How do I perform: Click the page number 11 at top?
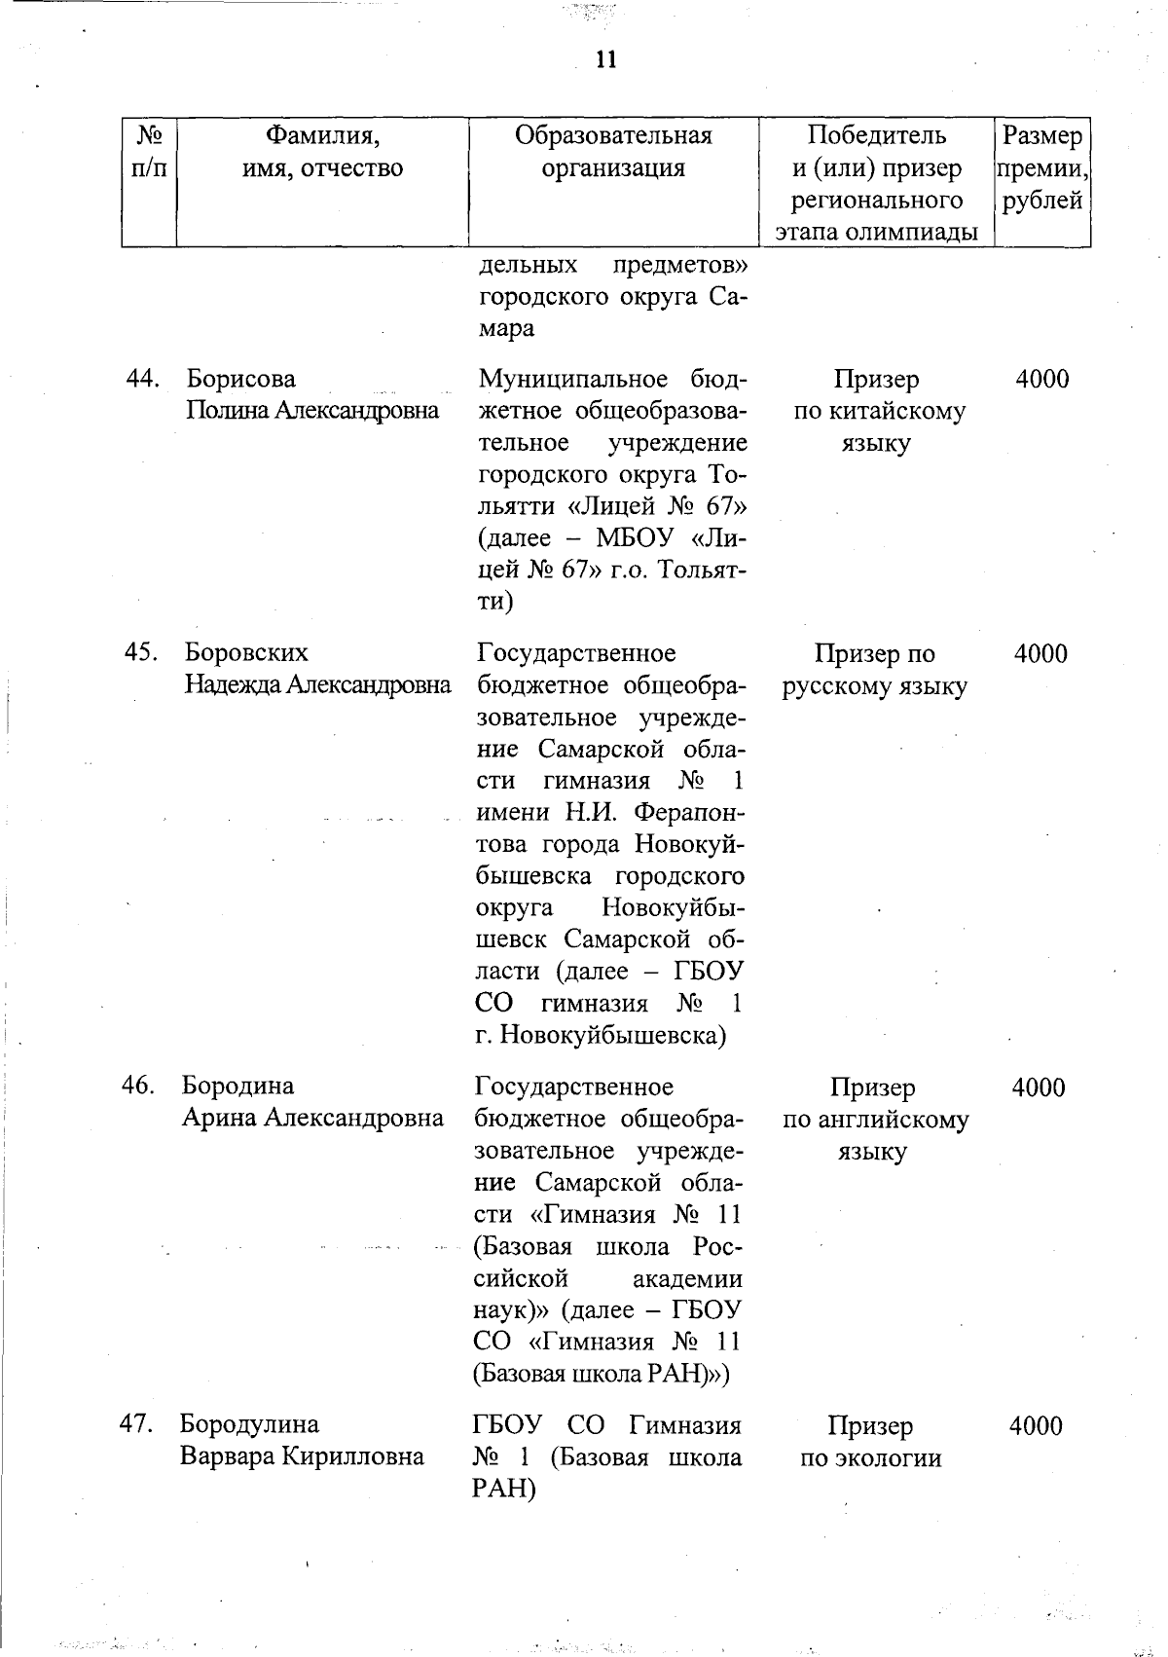click(604, 60)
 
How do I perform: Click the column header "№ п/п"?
click(149, 152)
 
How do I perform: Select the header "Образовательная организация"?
click(613, 152)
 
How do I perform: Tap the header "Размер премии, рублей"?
click(1041, 168)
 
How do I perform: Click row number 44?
click(143, 379)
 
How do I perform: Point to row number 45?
click(142, 653)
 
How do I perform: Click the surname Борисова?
click(240, 379)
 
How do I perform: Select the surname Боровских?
click(247, 653)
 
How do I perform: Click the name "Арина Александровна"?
click(312, 1119)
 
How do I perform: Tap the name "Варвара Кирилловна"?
click(302, 1457)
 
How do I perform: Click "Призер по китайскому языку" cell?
click(879, 411)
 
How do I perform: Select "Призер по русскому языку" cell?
click(874, 670)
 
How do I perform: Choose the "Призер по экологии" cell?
click(871, 1442)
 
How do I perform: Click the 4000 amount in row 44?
click(1041, 380)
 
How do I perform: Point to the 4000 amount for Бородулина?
click(1036, 1427)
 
